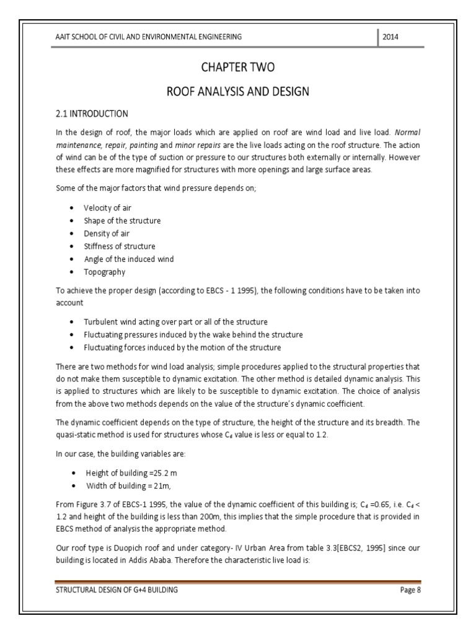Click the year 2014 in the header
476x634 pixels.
click(390, 37)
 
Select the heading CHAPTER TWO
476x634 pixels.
click(237, 67)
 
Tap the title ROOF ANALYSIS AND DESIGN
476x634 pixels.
click(237, 92)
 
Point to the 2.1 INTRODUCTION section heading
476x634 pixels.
click(92, 114)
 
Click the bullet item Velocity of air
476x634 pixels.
click(108, 207)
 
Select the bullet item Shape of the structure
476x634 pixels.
click(122, 220)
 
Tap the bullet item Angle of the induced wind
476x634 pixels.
click(129, 259)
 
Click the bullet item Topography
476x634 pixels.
click(105, 272)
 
